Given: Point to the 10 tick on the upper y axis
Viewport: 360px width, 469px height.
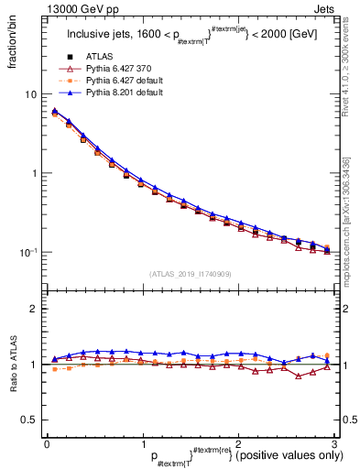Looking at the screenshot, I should (29, 94).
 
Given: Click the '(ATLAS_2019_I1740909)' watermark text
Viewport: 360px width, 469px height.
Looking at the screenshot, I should (191, 274).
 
